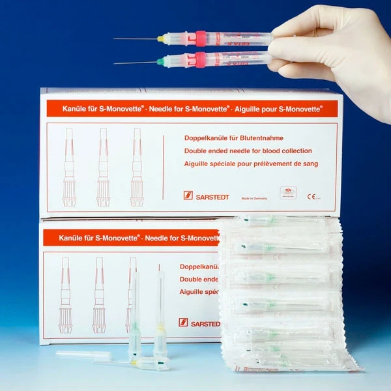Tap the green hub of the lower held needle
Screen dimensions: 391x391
click(160, 63)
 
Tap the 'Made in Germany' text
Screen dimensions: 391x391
click(255, 197)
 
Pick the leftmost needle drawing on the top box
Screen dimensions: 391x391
click(70, 167)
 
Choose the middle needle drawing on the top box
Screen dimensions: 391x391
click(103, 167)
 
